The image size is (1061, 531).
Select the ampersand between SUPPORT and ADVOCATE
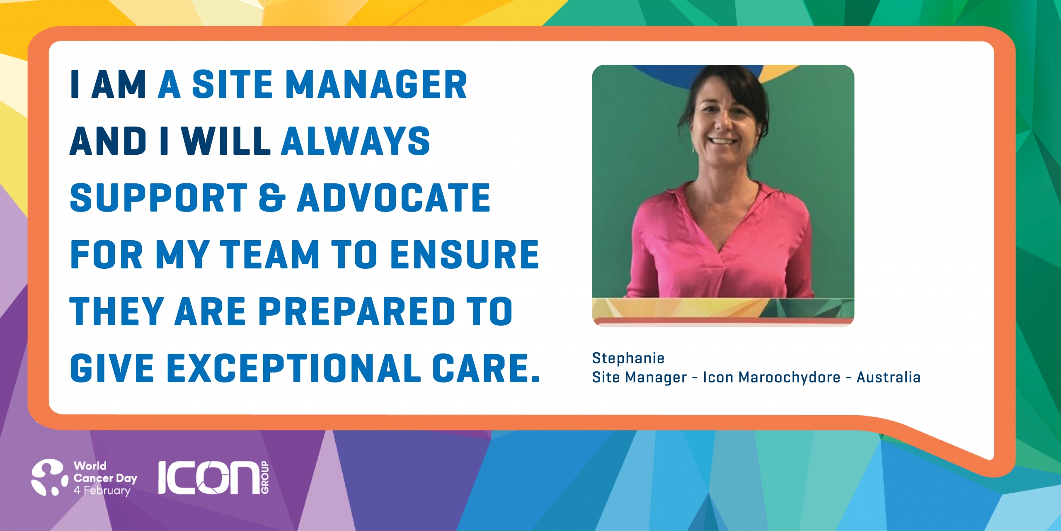[x=272, y=197]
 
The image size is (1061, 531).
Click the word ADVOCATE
[x=394, y=197]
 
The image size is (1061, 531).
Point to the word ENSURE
[x=465, y=254]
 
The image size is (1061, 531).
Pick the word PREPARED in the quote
[x=357, y=311]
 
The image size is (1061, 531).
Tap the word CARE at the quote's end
[x=486, y=368]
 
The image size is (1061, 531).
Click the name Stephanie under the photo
[x=628, y=358]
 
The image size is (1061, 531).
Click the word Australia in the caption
[x=889, y=377]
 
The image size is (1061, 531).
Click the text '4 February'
[x=102, y=490]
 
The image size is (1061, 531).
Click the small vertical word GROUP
[x=265, y=477]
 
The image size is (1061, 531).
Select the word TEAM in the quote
[x=269, y=254]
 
